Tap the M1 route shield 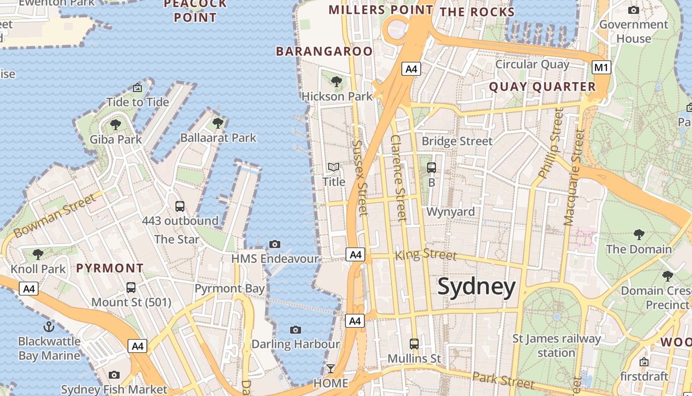pyautogui.click(x=601, y=67)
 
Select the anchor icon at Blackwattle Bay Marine pyautogui.click(x=49, y=326)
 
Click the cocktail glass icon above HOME pyautogui.click(x=330, y=369)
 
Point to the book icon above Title pyautogui.click(x=334, y=167)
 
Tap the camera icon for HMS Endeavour pyautogui.click(x=275, y=244)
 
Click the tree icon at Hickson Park pyautogui.click(x=337, y=81)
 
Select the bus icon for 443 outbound pyautogui.click(x=180, y=206)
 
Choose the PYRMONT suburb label pyautogui.click(x=110, y=268)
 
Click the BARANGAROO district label pyautogui.click(x=324, y=51)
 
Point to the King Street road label pyautogui.click(x=426, y=255)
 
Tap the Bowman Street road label pyautogui.click(x=54, y=216)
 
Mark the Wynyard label pyautogui.click(x=450, y=212)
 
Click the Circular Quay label pyautogui.click(x=532, y=64)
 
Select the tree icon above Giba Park pyautogui.click(x=116, y=124)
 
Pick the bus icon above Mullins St pyautogui.click(x=414, y=343)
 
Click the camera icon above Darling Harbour pyautogui.click(x=296, y=330)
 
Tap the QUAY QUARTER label pyautogui.click(x=542, y=87)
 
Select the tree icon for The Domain pyautogui.click(x=639, y=234)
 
